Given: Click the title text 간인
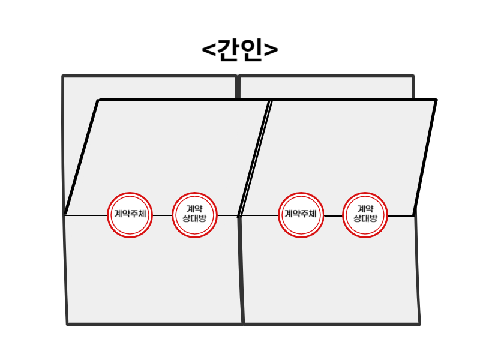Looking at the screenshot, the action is [239, 50].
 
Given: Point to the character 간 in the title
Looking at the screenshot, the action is [229, 50].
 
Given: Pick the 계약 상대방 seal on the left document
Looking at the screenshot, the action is [194, 215].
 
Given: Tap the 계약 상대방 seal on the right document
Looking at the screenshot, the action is [365, 215].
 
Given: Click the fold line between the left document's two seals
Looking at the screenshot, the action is [162, 215].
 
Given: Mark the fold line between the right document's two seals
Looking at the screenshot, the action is [333, 215].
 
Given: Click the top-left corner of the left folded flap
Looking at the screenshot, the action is [98, 100].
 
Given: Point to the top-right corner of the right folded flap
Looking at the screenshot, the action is [436, 100].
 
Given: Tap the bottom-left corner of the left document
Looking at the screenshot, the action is [67, 324].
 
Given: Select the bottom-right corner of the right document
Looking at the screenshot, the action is [419, 324].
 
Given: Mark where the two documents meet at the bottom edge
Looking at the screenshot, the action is [243, 324].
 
